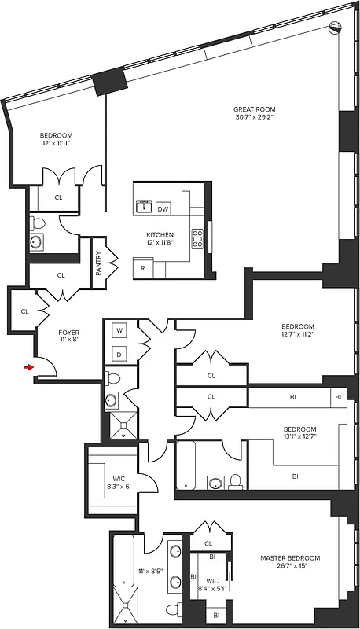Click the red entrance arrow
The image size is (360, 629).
coord(29,366)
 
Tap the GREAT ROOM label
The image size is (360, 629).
coord(254,109)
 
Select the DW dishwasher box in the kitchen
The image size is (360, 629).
coord(163,209)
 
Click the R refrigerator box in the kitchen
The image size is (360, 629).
coord(143,268)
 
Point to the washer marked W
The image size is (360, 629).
coord(120,330)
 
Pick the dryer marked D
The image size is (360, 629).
coord(120,355)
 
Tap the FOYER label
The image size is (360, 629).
coord(69,333)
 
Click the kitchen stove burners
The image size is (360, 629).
coord(197,240)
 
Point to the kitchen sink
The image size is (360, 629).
coord(145,208)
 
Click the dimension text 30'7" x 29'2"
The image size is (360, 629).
coord(254,119)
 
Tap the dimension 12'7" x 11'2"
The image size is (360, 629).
coord(298,336)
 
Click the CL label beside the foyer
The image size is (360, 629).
coord(24,311)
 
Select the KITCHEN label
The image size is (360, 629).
coord(160,235)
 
